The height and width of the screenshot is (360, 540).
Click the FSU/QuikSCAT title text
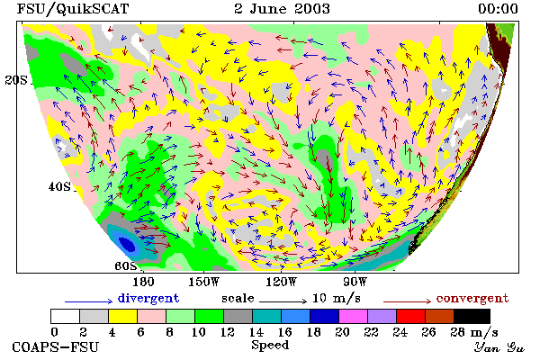tap(73, 9)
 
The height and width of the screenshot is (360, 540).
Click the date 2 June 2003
tap(282, 9)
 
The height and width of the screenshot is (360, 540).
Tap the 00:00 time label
tap(498, 9)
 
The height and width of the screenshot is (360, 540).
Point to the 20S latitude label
tap(16, 80)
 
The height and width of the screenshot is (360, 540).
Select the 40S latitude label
tap(59, 186)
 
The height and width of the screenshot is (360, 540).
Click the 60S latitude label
tap(126, 265)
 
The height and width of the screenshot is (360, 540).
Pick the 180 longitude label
tap(143, 282)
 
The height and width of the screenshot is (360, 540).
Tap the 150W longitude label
tap(204, 282)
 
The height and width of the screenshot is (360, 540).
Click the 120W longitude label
tap(281, 282)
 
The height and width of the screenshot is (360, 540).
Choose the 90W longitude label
tap(355, 282)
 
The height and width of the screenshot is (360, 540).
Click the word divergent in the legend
tap(148, 298)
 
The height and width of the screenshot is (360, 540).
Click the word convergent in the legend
tap(472, 298)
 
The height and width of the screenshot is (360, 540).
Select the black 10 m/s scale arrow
tap(283, 301)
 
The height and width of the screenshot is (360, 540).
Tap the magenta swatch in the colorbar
tap(353, 316)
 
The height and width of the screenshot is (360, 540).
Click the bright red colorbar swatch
tap(410, 316)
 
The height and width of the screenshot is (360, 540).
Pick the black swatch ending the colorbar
tap(472, 316)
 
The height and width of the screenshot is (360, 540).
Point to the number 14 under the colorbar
tap(256, 332)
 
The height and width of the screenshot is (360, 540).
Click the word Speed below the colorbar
tap(270, 345)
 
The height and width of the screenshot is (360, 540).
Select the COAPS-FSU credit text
tap(56, 346)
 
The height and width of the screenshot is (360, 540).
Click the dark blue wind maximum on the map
tap(127, 244)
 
